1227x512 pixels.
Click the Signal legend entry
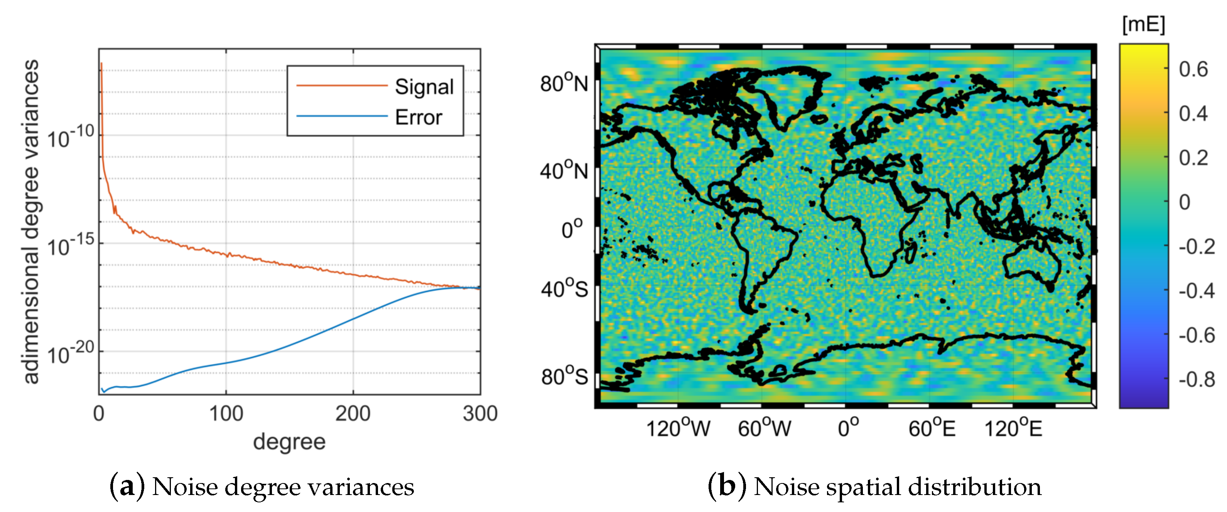point(424,87)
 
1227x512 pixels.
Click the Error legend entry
point(418,117)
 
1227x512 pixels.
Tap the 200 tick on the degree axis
point(353,413)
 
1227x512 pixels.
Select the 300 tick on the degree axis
point(480,413)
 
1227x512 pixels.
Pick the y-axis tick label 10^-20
point(71,354)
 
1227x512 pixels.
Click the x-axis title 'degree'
point(289,441)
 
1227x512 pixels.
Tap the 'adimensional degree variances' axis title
point(31,222)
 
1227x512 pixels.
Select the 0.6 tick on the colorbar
point(1193,70)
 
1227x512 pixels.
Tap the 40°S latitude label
point(564,289)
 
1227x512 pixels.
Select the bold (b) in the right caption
point(727,486)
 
